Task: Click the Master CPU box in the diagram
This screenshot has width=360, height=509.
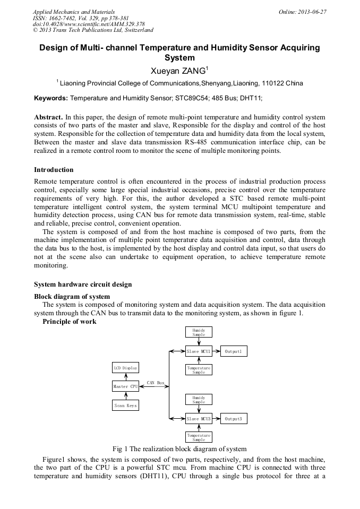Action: (x=125, y=386)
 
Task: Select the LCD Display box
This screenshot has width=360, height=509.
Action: (x=125, y=368)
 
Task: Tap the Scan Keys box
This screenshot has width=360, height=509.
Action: (x=125, y=406)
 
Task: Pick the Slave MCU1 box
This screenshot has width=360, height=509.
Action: (x=199, y=351)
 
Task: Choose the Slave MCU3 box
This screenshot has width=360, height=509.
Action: (x=199, y=419)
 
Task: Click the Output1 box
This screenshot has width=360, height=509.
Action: (x=234, y=351)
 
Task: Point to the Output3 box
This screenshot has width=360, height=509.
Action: (x=234, y=419)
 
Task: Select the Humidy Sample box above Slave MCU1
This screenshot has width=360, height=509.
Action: (x=199, y=332)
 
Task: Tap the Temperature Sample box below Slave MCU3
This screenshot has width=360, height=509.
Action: (x=199, y=437)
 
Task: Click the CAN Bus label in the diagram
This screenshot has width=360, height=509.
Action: (x=156, y=382)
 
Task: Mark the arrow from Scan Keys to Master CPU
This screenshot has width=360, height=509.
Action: (x=125, y=396)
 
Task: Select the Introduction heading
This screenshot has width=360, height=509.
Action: (x=54, y=170)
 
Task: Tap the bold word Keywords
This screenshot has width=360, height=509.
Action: (x=50, y=98)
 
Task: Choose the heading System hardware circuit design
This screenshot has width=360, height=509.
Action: (x=83, y=284)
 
